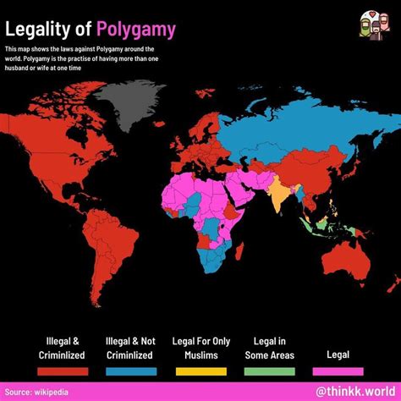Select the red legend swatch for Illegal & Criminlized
coord(62,371)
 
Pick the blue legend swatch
coord(131,371)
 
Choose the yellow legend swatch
coord(200,371)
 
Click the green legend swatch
coord(270,371)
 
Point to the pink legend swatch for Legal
coord(338,371)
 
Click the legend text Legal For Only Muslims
coord(200,348)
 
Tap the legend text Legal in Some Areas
coord(270,348)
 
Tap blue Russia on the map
coord(288,135)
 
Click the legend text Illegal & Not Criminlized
coord(131,348)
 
